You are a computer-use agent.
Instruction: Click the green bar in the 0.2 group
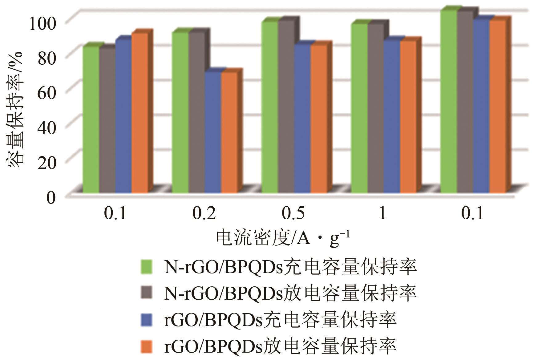point(180,112)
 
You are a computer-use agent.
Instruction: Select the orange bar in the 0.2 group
point(229,132)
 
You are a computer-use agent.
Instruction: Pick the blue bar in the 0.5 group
point(302,119)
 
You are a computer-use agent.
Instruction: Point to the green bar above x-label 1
point(359,108)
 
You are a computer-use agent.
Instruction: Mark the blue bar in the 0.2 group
point(213,132)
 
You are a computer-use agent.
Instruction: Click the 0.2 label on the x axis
point(204,213)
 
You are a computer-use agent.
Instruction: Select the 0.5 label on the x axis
point(294,213)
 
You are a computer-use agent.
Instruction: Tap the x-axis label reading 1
point(382,213)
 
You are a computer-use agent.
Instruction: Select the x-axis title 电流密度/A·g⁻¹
point(283,238)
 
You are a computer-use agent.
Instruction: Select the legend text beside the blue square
point(280,320)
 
